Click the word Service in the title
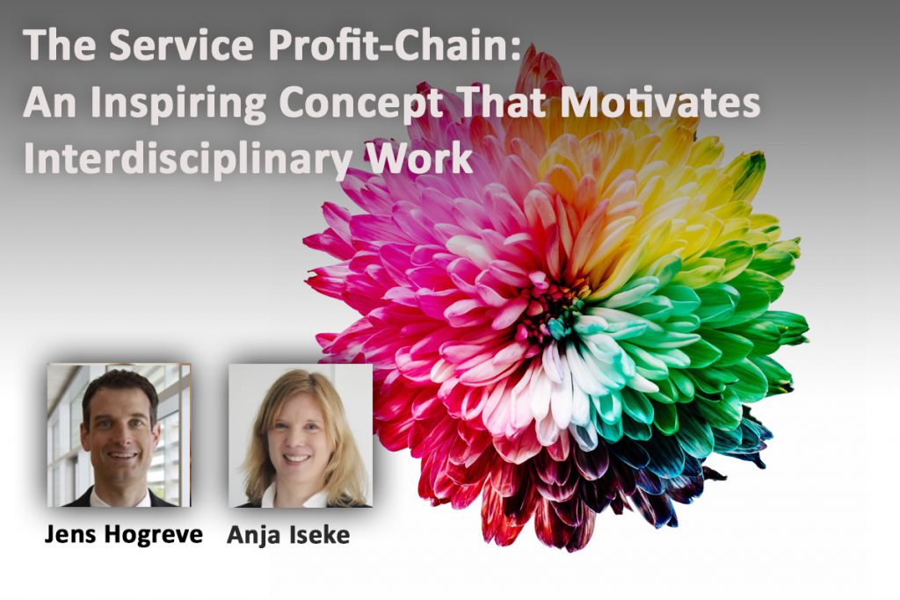(x=181, y=45)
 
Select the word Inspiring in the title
(x=178, y=104)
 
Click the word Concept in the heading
(x=361, y=104)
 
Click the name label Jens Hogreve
(x=123, y=535)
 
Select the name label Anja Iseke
(x=288, y=535)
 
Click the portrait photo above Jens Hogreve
(x=119, y=435)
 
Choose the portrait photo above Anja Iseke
(x=301, y=436)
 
